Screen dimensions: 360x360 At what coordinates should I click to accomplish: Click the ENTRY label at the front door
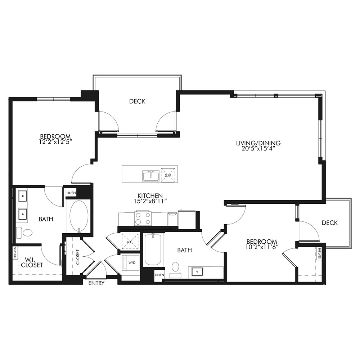96,283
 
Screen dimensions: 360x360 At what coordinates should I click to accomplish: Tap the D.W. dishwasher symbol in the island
168,175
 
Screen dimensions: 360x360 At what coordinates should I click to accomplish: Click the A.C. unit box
130,242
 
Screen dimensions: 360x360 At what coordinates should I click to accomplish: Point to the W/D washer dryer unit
131,263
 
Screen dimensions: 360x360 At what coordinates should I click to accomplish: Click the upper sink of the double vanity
23,196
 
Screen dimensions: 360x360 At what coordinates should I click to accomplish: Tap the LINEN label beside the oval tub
71,193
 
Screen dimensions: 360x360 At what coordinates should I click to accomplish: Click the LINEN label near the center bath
159,275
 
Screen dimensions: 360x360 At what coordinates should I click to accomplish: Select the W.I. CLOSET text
32,262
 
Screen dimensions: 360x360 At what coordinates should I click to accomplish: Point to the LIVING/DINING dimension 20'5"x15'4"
258,149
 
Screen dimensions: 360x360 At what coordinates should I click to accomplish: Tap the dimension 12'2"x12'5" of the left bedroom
56,141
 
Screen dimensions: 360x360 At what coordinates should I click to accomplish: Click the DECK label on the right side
330,223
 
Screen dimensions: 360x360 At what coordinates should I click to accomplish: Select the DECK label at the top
137,101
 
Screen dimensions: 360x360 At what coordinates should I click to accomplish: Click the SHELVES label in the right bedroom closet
319,253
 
